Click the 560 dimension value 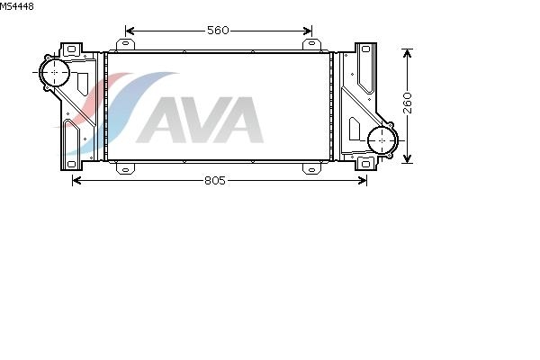click(218, 31)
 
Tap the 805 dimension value click(214, 180)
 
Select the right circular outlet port click(382, 139)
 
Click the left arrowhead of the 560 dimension click(129, 31)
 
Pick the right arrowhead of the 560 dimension click(309, 31)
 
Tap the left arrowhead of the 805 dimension click(76, 180)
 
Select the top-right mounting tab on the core click(309, 44)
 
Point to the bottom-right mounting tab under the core click(309, 166)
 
